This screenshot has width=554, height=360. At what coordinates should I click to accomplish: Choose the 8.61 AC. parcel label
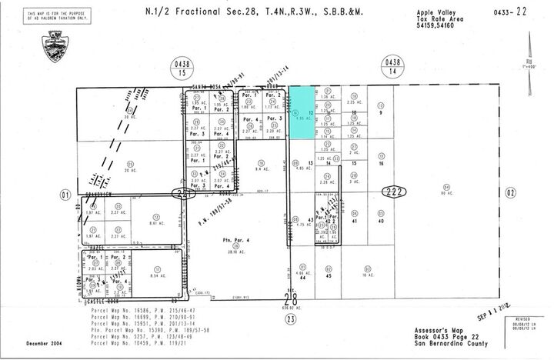click(x=157, y=222)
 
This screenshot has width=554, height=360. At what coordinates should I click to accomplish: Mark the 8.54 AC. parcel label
click(x=158, y=274)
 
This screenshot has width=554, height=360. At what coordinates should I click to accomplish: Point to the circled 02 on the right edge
click(x=511, y=192)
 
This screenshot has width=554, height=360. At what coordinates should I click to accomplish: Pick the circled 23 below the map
click(x=289, y=316)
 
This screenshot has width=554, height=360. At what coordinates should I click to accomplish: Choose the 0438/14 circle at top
click(x=393, y=68)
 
